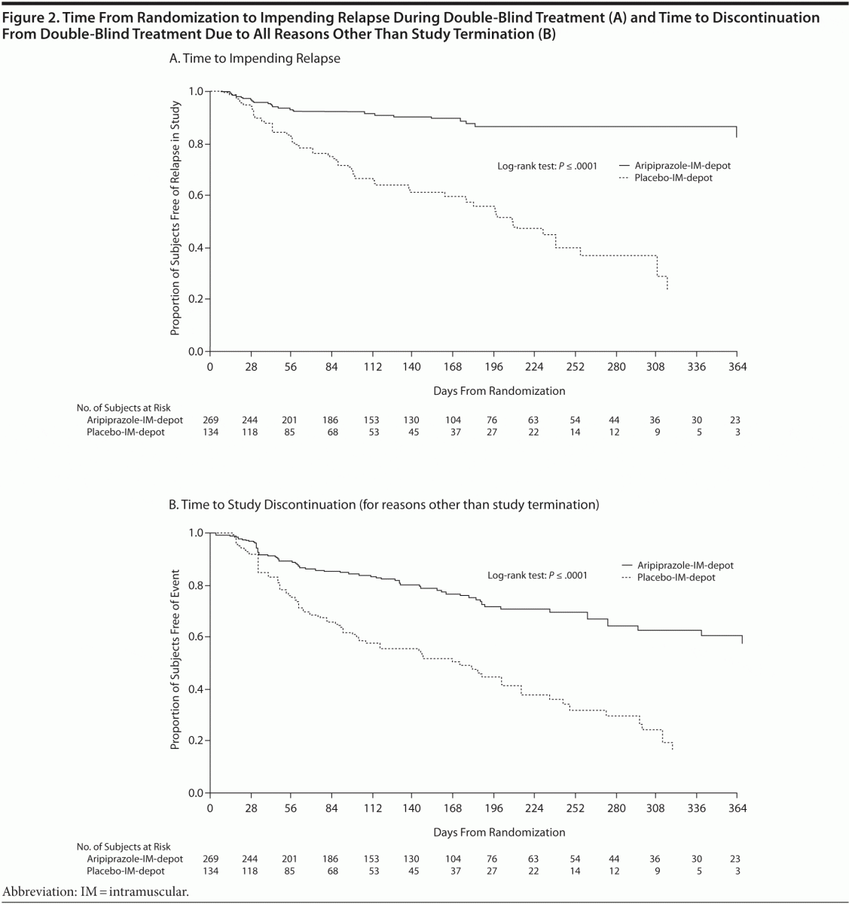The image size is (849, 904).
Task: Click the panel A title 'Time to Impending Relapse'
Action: click(255, 58)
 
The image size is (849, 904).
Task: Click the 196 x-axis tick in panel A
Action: click(493, 367)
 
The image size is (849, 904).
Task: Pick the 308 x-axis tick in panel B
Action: click(656, 808)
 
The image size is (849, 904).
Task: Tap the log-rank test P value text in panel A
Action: click(547, 166)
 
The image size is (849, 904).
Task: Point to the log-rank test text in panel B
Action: click(536, 576)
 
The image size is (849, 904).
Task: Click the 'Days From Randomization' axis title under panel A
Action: click(499, 391)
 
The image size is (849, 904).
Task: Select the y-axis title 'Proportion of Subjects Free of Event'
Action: click(175, 663)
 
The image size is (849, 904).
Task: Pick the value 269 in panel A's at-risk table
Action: click(210, 420)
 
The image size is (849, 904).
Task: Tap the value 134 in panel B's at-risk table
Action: click(210, 872)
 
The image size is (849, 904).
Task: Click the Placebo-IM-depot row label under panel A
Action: click(125, 432)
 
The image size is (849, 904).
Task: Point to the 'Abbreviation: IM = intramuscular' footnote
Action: click(96, 891)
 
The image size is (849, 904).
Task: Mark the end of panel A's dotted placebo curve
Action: click(667, 289)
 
